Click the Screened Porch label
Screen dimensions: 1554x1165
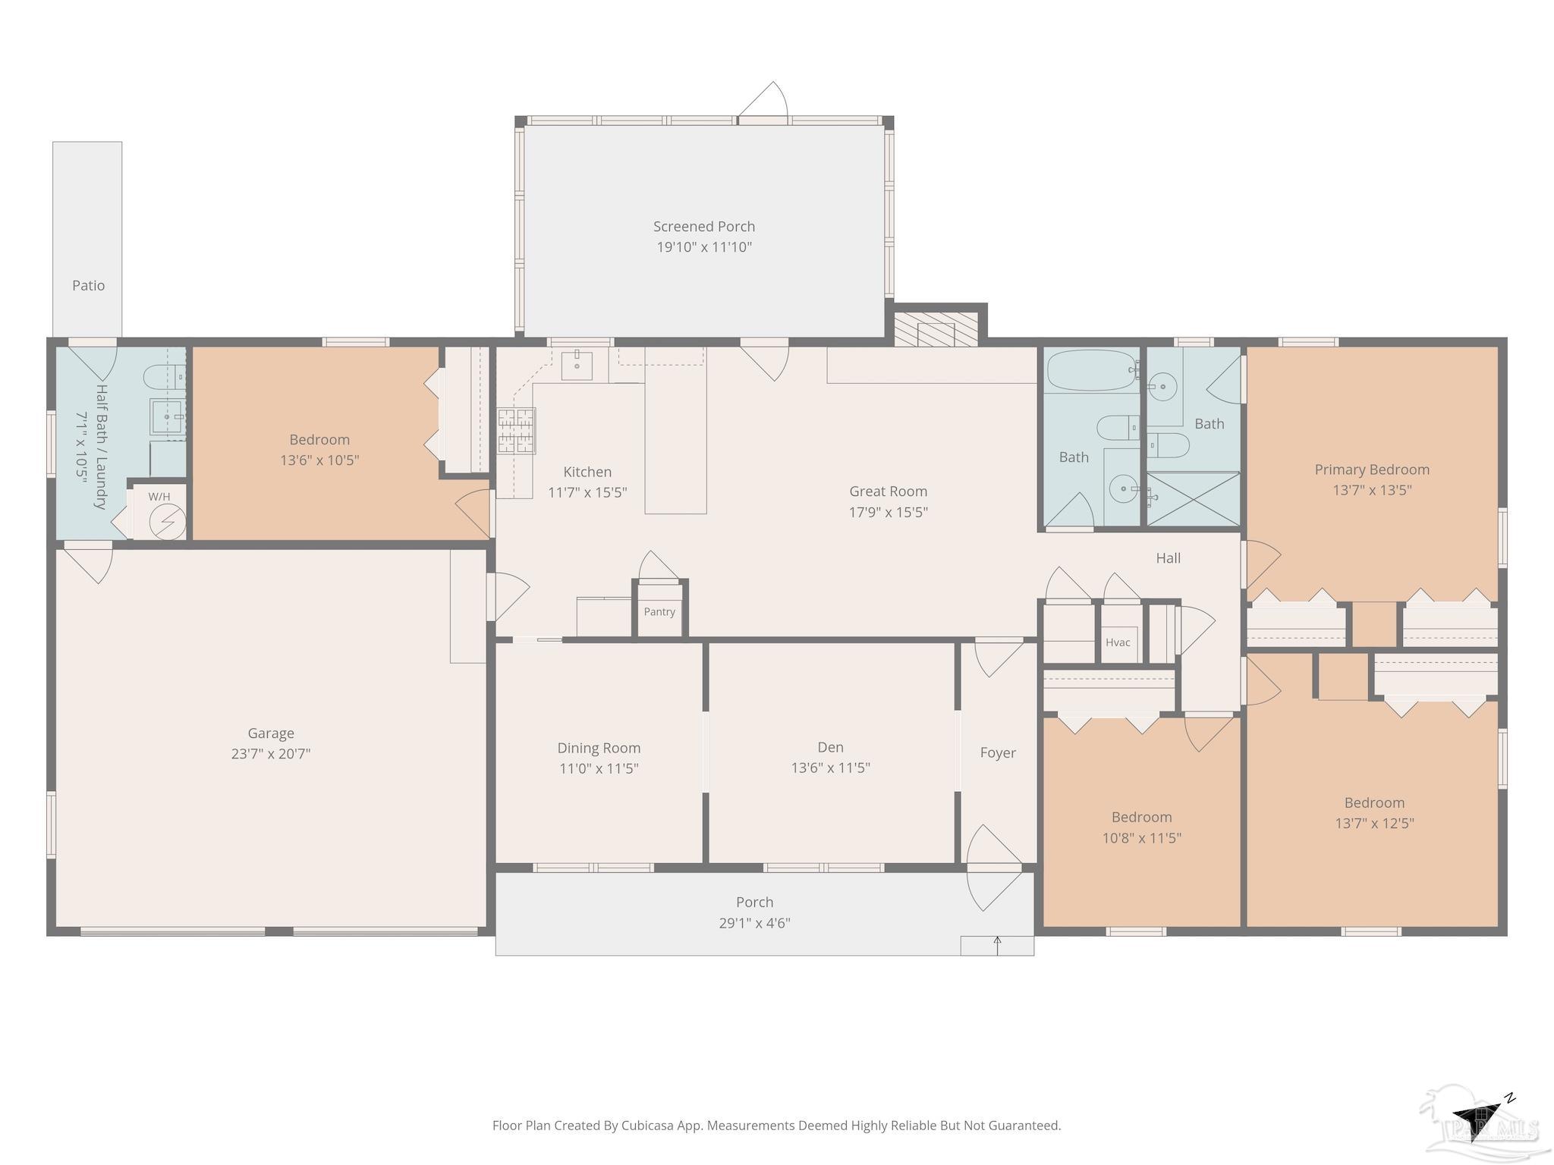(704, 226)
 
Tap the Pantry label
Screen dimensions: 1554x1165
(659, 612)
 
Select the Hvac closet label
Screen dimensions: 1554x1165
(1118, 642)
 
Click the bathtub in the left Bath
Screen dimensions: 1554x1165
(1093, 370)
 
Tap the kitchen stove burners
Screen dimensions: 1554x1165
(516, 431)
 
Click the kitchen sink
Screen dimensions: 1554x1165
(577, 365)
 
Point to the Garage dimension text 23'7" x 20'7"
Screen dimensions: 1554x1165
(271, 754)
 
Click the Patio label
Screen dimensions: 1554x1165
(89, 286)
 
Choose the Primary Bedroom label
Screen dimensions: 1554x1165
(1372, 469)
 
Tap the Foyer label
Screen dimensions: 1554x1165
(998, 753)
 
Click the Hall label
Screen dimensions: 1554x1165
(1169, 558)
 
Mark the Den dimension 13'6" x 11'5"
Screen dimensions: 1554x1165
(831, 768)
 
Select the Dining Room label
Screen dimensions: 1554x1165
(599, 749)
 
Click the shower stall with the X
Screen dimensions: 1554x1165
(1193, 498)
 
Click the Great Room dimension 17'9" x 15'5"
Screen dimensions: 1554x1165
(889, 512)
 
